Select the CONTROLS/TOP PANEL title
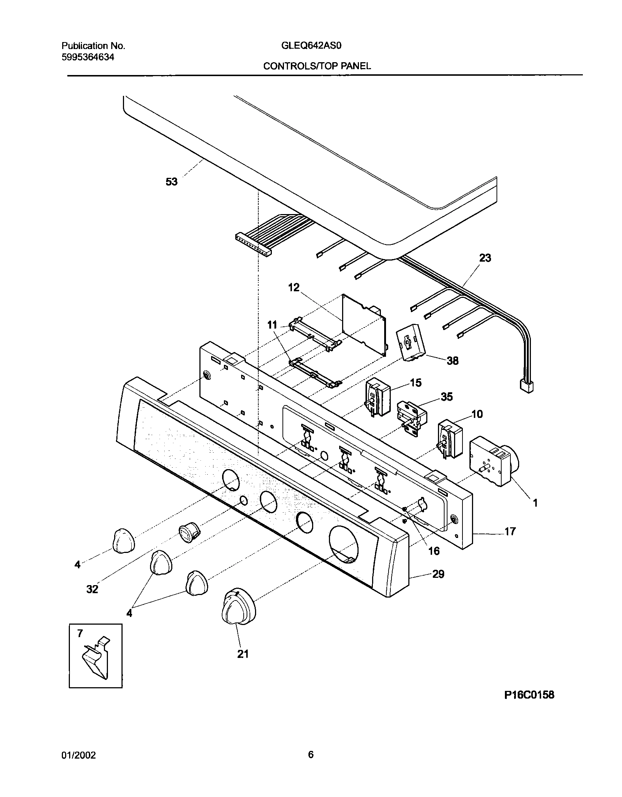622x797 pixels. [317, 66]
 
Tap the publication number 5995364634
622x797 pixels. [88, 57]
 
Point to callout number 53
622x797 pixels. [172, 182]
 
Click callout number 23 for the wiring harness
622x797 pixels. [485, 258]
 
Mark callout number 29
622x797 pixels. [438, 574]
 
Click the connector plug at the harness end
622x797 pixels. [527, 386]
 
